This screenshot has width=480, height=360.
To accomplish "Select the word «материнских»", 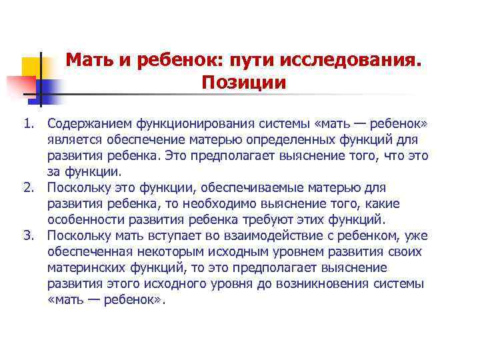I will point(88,268).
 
